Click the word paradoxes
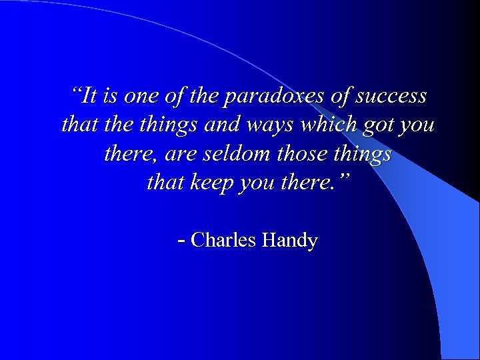coord(274,97)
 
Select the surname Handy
coord(290,241)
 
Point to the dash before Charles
coord(182,240)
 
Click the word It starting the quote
coord(91,96)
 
